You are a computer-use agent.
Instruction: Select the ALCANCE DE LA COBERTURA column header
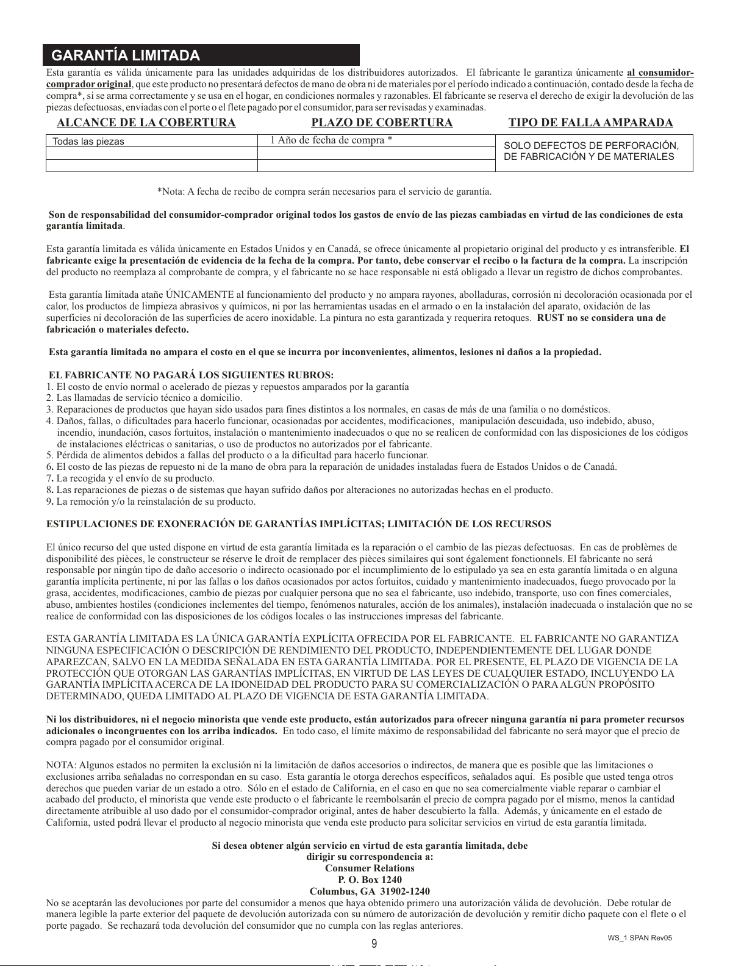tap(146, 123)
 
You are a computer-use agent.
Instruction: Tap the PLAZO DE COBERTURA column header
tap(382, 123)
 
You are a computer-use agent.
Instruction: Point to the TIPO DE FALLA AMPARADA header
tap(590, 123)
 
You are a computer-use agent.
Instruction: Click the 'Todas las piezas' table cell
tap(88, 142)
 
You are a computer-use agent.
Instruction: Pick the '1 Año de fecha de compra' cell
tap(331, 140)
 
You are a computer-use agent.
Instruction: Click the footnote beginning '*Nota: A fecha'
tap(324, 192)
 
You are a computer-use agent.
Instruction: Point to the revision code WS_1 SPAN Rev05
tap(639, 938)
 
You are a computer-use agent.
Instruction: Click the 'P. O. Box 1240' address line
tap(370, 880)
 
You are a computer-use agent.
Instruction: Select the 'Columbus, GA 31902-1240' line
tap(370, 892)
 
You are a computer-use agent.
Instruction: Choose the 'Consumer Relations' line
tap(370, 868)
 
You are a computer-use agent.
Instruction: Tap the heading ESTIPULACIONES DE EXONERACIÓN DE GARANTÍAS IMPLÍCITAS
tap(299, 524)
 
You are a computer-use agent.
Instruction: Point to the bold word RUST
tap(551, 318)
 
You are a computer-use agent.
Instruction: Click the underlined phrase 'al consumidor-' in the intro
tap(660, 73)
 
